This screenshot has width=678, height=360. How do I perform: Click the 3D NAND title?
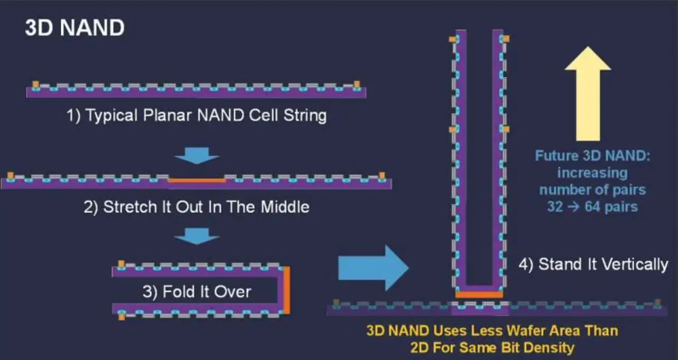[75, 28]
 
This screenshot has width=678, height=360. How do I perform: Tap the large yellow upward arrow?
[588, 94]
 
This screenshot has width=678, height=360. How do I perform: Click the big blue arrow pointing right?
[373, 268]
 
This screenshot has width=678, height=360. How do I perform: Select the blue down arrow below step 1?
[197, 156]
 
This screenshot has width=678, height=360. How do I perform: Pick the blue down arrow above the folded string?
[197, 236]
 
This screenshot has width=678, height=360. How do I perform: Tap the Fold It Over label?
[197, 292]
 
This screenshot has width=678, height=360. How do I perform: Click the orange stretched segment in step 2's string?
[197, 181]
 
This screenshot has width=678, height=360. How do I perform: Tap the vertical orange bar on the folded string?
[287, 290]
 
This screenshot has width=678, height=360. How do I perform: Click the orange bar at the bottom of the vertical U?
[479, 294]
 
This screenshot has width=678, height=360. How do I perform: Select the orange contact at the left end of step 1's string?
[35, 85]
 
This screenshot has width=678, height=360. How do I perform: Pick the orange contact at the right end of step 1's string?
[357, 84]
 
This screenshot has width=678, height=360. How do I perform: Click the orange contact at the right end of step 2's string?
[382, 176]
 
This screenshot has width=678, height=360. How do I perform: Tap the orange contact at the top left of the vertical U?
[452, 39]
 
